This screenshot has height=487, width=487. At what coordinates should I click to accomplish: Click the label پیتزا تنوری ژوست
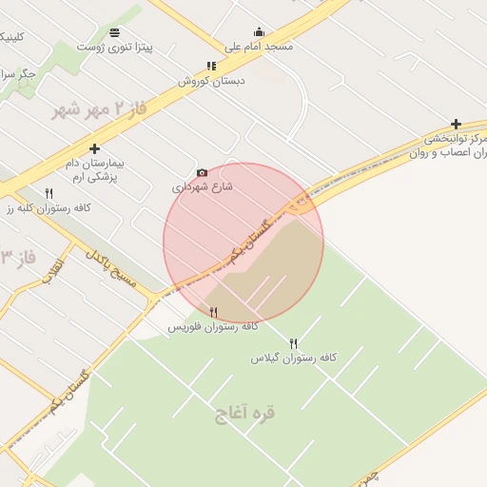coord(115,47)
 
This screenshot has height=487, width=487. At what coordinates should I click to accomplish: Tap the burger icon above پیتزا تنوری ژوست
coord(115,32)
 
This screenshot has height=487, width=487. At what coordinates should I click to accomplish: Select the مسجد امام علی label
coord(259,46)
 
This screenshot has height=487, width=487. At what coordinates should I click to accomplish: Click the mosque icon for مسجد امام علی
coord(259,31)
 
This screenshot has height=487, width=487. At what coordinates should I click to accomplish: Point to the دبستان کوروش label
coord(211,81)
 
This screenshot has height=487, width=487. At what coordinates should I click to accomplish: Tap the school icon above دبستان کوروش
coord(211,67)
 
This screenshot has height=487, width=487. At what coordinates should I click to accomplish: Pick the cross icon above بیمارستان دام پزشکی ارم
coord(94,148)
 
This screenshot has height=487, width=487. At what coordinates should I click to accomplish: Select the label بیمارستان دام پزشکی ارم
coord(94,169)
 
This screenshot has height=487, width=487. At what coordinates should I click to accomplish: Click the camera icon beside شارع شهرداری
coord(202,172)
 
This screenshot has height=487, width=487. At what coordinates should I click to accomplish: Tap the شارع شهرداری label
coord(203,187)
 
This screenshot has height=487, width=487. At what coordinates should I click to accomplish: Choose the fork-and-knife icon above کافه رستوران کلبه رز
coord(49,193)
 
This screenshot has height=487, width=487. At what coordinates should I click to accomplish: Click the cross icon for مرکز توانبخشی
coord(456,124)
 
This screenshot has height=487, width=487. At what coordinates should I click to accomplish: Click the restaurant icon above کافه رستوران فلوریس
coord(213,312)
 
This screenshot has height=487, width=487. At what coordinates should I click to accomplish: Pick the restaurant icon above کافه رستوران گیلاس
coord(293,343)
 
